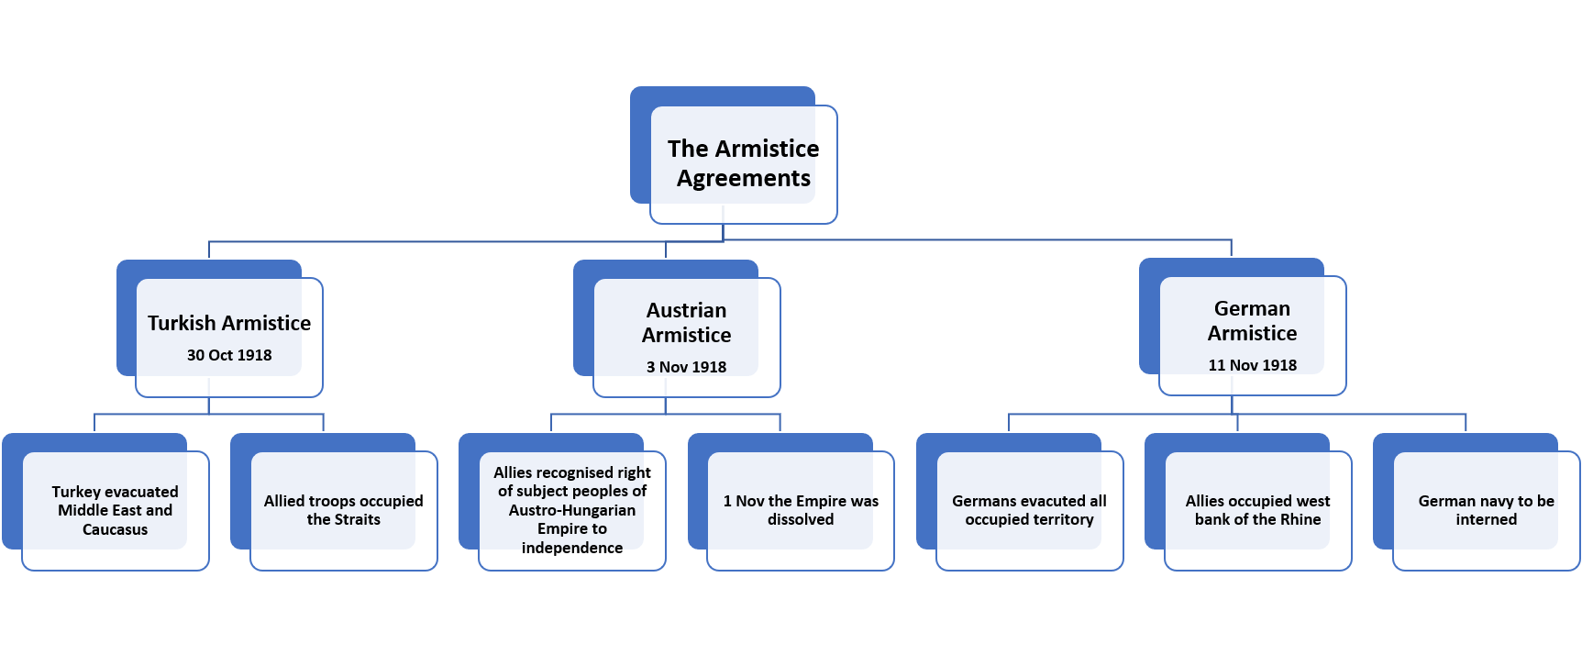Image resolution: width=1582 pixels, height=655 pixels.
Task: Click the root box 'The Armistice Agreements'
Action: pos(743,163)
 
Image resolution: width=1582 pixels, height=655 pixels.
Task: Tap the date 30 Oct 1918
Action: pos(229,355)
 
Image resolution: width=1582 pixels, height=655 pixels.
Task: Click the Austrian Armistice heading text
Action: pos(686,323)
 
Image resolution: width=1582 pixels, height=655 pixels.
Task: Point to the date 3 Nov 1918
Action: pos(686,367)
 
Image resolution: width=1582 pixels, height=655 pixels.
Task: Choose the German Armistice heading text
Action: pos(1252,321)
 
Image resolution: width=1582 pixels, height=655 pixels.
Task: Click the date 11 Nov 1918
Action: pos(1252,365)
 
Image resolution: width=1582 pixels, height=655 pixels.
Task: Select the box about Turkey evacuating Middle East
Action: pos(115,510)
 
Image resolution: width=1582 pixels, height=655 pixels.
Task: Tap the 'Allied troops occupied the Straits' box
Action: pos(343,510)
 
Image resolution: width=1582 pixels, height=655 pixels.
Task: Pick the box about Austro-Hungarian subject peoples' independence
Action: pos(571,510)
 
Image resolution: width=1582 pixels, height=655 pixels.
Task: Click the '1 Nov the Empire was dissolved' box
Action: pos(800,510)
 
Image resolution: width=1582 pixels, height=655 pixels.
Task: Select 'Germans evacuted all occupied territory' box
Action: pos(1029,510)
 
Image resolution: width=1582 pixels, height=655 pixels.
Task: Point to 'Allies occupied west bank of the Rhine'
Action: pos(1257,510)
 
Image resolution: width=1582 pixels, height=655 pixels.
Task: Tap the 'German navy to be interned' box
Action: pos(1486,510)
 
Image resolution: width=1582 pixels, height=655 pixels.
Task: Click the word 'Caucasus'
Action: pos(115,529)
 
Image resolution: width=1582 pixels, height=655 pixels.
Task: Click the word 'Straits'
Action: pos(357,519)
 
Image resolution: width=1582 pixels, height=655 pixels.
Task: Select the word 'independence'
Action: pos(571,548)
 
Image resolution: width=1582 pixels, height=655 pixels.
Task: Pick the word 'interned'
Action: pos(1486,519)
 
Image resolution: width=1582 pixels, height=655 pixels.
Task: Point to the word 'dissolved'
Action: pos(801,519)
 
